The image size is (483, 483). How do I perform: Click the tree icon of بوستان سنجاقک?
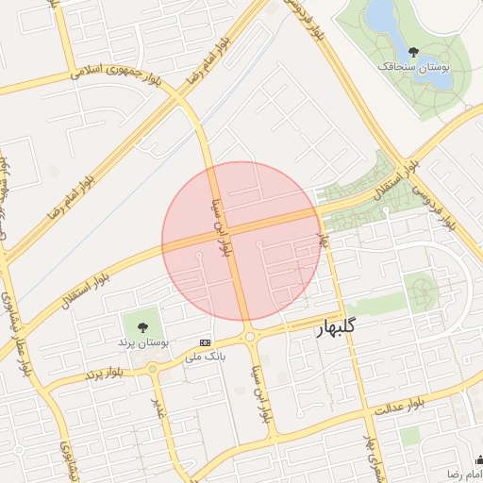(x=413, y=52)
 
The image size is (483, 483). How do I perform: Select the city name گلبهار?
(x=337, y=327)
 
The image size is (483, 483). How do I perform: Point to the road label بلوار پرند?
(x=106, y=374)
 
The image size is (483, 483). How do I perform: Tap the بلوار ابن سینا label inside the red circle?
(x=223, y=226)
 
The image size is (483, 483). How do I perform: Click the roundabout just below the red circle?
(x=250, y=337)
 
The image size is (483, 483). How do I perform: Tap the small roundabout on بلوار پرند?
(x=155, y=368)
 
